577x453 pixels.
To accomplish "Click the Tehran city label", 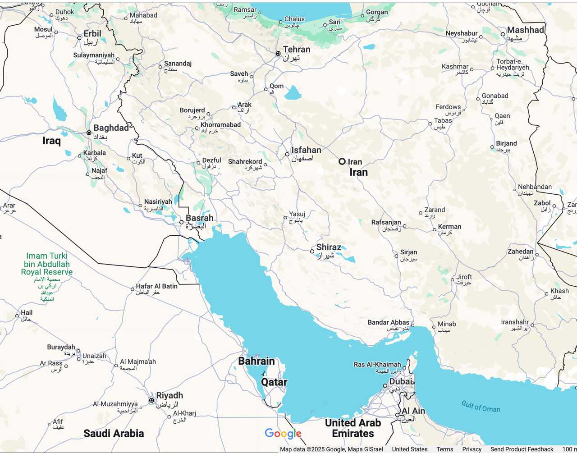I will tap(297, 50).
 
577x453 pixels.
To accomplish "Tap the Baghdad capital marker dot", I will tap(89, 133).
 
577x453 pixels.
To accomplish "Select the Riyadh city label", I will tap(169, 396).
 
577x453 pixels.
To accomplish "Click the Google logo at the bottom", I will tap(283, 434).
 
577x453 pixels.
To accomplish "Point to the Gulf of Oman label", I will tap(481, 407).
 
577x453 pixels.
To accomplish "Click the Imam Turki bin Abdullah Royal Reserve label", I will tap(47, 264).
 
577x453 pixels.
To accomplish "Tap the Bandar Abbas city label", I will tap(388, 322).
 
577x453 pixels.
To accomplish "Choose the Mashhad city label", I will tap(526, 30).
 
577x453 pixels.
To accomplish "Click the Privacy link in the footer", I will tap(472, 449).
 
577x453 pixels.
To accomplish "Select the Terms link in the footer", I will tap(444, 449).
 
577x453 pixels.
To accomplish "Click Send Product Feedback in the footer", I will tap(522, 449).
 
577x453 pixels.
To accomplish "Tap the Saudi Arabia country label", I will tap(114, 434).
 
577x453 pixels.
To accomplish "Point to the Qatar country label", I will tap(274, 382).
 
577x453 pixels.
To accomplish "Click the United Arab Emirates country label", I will tap(353, 428).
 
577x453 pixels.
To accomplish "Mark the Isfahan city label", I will tap(306, 150).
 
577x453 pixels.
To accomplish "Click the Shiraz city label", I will tap(329, 247).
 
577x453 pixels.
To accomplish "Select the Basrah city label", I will tap(200, 218).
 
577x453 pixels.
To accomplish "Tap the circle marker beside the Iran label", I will tap(342, 161).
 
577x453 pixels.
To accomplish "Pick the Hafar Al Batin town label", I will tap(157, 286).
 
